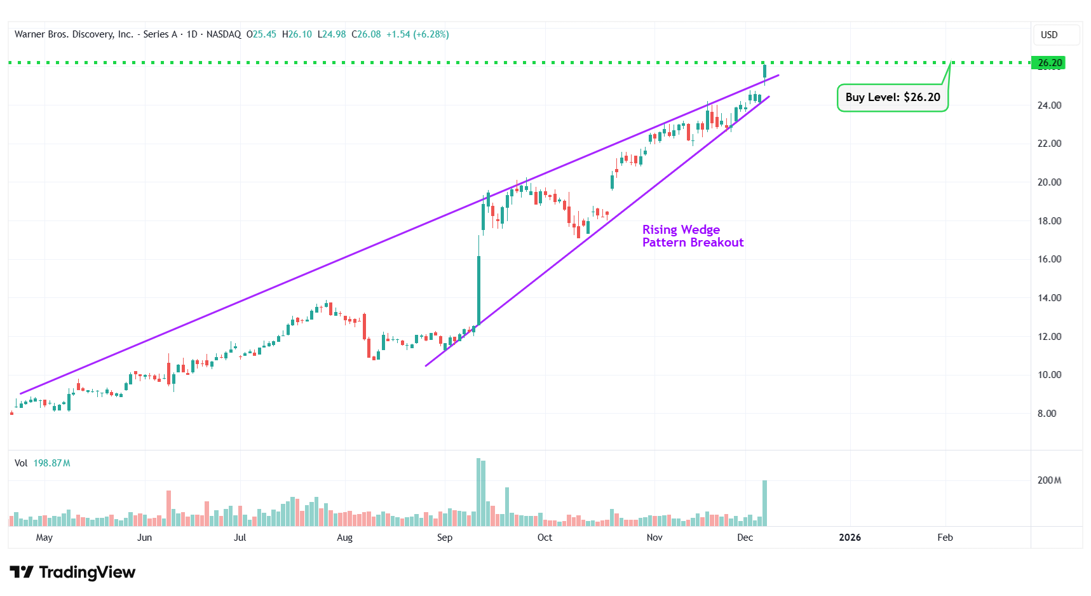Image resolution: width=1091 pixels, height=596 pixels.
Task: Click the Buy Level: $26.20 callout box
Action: point(892,97)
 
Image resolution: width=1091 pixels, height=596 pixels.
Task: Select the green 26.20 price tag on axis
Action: point(1050,63)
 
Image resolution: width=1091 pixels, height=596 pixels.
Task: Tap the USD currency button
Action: point(1049,35)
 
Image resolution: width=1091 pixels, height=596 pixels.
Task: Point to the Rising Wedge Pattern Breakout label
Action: point(692,236)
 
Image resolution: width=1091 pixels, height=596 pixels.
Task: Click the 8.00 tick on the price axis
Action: point(1047,414)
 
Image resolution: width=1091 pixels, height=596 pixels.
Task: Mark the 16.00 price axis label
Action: point(1049,259)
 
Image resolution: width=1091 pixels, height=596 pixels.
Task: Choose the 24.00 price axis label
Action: point(1049,105)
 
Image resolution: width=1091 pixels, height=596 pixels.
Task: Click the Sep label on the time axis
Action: point(445,538)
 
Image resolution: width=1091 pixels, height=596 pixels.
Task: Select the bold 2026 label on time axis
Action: point(850,538)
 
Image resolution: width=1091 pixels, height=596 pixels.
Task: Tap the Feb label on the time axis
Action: point(945,538)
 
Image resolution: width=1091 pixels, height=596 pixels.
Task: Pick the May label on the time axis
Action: point(44,538)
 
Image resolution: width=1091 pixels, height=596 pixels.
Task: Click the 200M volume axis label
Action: point(1049,480)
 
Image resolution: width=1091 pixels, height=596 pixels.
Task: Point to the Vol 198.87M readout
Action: point(43,463)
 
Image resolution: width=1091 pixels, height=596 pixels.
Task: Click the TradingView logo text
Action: point(87,572)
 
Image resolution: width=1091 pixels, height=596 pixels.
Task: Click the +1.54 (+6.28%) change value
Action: point(417,34)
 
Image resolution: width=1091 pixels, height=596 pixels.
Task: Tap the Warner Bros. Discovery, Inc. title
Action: point(74,34)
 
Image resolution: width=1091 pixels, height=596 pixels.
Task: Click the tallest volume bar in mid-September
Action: point(478,492)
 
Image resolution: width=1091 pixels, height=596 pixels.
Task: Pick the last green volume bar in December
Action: point(764,503)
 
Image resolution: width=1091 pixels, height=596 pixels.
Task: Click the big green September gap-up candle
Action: point(478,289)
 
